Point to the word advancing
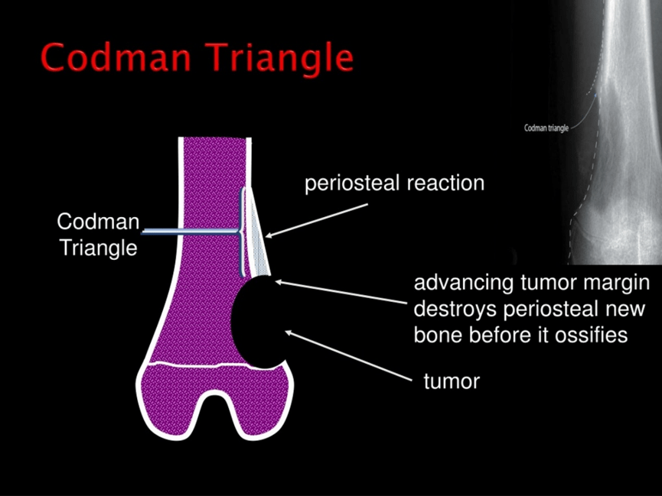tap(463, 284)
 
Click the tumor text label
tap(452, 381)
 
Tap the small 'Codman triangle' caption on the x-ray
tap(546, 128)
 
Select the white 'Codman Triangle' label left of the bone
tap(99, 234)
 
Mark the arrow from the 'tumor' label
tap(348, 356)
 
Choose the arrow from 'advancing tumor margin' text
tap(341, 292)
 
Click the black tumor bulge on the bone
tap(258, 322)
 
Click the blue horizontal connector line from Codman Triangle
tap(190, 231)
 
